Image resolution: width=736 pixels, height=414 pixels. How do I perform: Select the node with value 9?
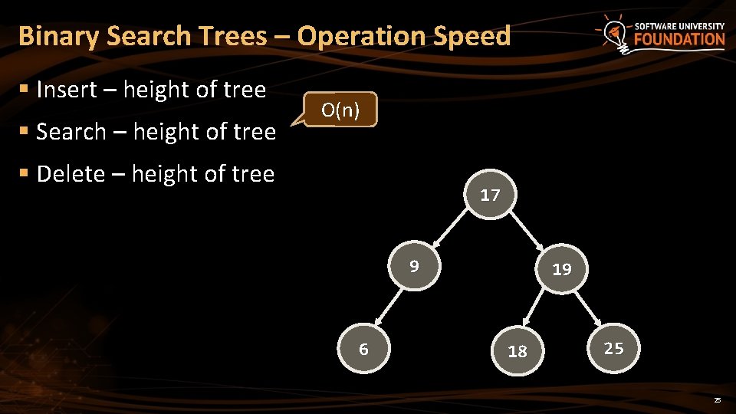click(415, 267)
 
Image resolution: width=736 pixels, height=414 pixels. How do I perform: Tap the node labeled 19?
click(562, 268)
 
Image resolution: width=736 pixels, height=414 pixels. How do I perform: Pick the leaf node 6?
click(364, 350)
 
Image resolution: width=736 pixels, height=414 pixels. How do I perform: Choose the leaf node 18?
click(518, 351)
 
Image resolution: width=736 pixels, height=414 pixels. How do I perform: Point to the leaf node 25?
click(613, 348)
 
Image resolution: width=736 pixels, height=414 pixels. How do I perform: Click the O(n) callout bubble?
click(340, 110)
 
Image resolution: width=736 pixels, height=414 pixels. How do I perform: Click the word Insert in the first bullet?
click(67, 90)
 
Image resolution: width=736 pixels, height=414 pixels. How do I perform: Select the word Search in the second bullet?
click(71, 132)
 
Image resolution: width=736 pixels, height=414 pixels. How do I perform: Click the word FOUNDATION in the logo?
click(679, 40)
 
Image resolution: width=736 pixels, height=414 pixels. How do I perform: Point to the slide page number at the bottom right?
click(718, 401)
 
